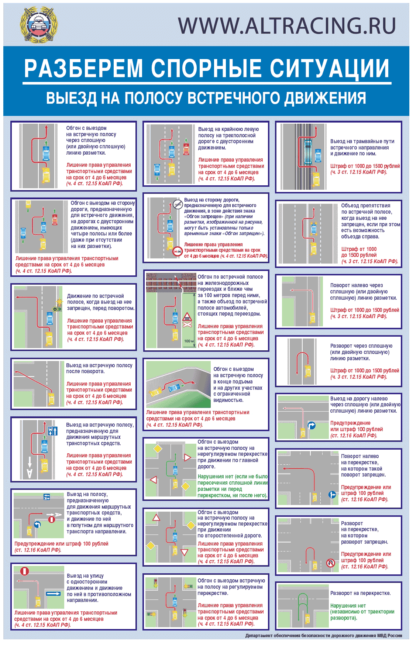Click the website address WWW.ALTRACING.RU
pos(287,25)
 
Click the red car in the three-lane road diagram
pos(186,148)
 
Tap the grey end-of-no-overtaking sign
pos(176,204)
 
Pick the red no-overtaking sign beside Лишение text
pos(178,252)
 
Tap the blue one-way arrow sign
pos(54,594)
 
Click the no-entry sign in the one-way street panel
pos(25,571)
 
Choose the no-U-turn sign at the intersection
pos(330,563)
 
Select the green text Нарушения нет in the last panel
pos(348,606)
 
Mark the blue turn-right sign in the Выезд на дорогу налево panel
pos(311,426)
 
